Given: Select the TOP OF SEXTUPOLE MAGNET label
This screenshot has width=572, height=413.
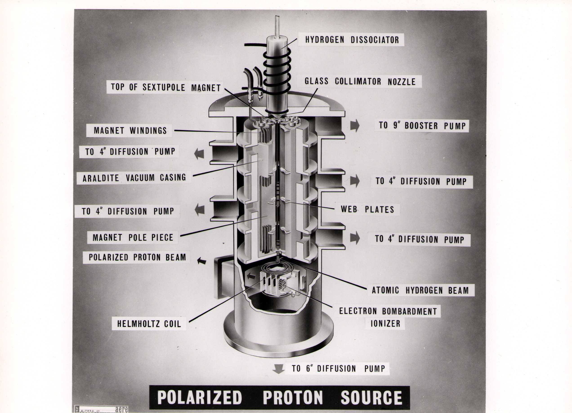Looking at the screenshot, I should (x=166, y=87).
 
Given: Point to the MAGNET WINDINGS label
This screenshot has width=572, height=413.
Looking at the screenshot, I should (x=130, y=131).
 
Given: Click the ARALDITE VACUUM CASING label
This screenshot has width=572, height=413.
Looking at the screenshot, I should (x=134, y=178).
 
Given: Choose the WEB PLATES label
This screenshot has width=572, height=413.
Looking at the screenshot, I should (x=367, y=209).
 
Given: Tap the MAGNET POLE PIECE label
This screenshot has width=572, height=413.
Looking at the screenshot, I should (x=133, y=238).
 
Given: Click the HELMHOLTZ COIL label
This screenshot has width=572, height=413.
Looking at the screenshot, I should (x=149, y=324).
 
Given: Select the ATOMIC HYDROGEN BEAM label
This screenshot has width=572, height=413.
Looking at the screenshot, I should (x=420, y=290).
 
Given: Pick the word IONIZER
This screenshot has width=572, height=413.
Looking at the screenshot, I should (x=385, y=324).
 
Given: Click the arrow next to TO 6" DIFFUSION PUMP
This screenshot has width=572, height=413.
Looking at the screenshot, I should (x=278, y=369).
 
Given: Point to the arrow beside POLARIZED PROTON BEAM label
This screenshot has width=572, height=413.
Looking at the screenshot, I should (x=201, y=261).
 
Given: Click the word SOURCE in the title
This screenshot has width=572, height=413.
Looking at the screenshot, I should (x=371, y=397).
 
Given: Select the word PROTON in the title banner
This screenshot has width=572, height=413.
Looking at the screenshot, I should (x=293, y=397).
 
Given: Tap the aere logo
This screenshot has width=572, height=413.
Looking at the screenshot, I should (x=122, y=409).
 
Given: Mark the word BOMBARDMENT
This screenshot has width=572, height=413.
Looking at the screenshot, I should (x=409, y=311).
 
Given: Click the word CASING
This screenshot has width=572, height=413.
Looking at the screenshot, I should (x=173, y=177).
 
